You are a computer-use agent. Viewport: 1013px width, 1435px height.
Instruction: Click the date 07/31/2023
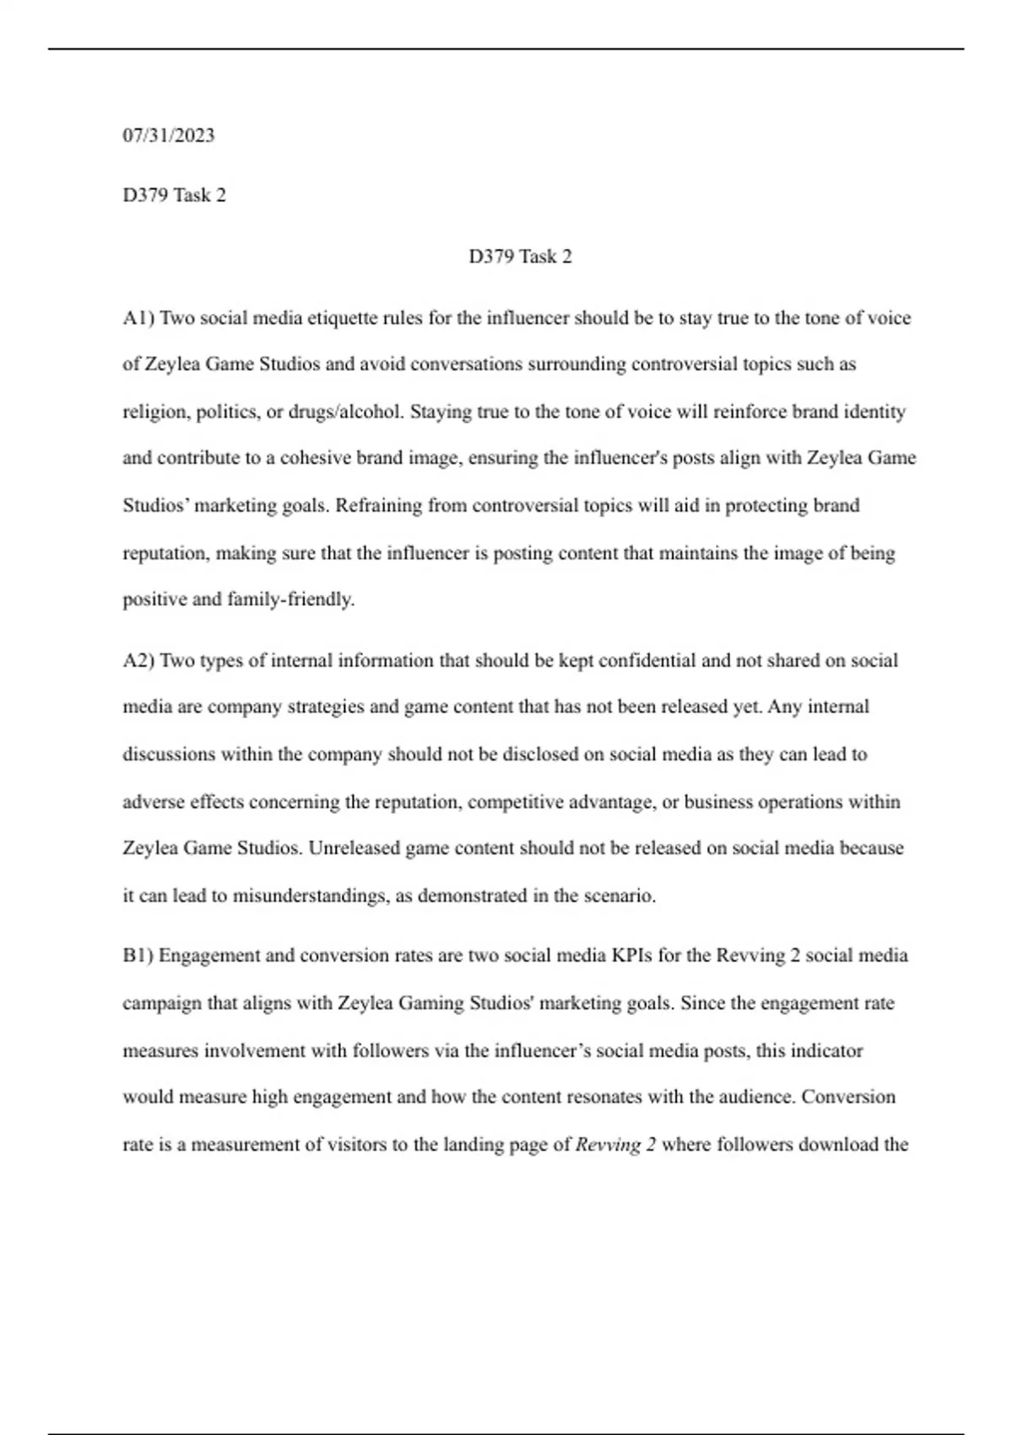[169, 136]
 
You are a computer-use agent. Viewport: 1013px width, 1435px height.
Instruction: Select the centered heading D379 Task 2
[520, 257]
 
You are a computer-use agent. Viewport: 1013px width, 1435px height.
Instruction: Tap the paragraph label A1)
[138, 318]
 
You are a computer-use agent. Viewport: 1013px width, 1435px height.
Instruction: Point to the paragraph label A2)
[138, 660]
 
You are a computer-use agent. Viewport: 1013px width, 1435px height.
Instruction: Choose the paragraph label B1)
[138, 956]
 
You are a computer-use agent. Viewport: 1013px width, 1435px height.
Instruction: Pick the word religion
[155, 412]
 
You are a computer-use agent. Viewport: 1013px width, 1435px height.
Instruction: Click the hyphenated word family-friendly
[290, 599]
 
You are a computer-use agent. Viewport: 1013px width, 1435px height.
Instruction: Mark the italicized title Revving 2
[615, 1145]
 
